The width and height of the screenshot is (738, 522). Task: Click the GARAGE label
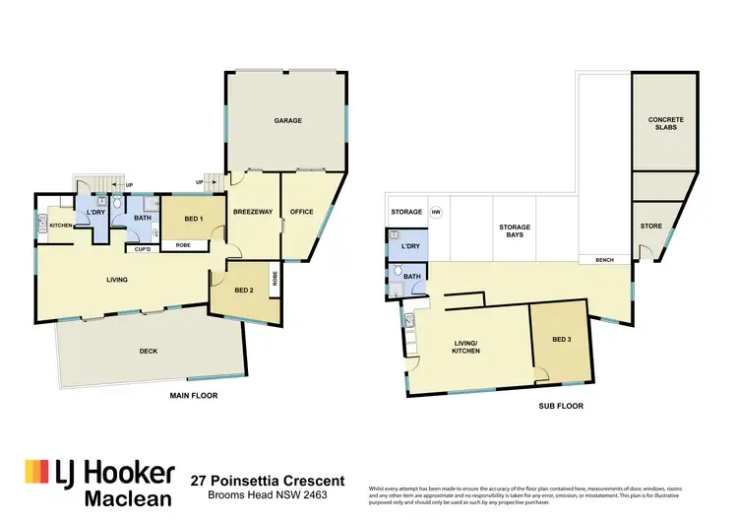click(x=287, y=121)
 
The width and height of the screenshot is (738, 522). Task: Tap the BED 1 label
click(x=194, y=219)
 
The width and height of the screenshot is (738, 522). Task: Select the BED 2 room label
click(x=245, y=290)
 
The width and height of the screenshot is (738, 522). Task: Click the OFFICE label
click(x=301, y=212)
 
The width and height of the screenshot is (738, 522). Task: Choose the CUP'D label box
click(x=142, y=247)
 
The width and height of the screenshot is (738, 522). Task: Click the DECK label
click(x=148, y=351)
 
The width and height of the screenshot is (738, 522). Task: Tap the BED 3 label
click(x=561, y=340)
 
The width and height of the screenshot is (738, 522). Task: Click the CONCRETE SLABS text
click(x=665, y=123)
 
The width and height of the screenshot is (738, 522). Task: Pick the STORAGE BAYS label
click(x=514, y=231)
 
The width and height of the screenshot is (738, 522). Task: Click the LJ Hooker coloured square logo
click(x=36, y=472)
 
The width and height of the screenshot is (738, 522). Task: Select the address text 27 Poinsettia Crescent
click(x=267, y=480)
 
